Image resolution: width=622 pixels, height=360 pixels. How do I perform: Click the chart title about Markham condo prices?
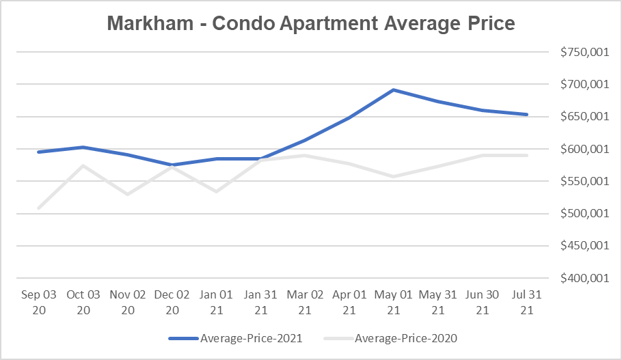(310, 24)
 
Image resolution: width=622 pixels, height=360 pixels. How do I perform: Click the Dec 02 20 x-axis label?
(172, 303)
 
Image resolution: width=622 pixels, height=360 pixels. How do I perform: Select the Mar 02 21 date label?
(305, 303)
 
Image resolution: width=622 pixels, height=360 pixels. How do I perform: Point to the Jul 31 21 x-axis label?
(526, 303)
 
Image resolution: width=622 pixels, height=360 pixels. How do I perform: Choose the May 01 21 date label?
(394, 303)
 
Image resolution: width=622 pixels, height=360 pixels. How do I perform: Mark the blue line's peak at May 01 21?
(394, 89)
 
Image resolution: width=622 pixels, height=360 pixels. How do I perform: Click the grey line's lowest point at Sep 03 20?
(38, 208)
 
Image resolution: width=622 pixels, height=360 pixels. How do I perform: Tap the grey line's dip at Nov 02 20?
(128, 194)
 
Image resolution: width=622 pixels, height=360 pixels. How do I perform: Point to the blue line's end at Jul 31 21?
(526, 115)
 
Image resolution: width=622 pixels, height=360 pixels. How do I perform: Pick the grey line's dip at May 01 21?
(394, 176)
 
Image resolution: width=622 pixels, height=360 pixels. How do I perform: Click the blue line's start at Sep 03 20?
(38, 152)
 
